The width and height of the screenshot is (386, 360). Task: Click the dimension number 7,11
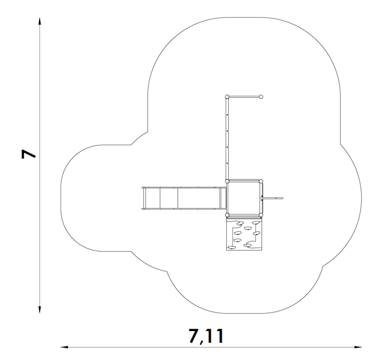(207, 336)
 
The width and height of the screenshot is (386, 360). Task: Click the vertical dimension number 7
(28, 154)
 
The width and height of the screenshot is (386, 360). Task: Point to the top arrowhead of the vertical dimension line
(40, 21)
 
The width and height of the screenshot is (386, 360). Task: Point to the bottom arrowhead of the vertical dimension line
(40, 310)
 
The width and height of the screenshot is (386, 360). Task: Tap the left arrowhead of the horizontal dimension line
(65, 347)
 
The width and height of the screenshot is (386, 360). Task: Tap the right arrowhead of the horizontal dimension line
(358, 347)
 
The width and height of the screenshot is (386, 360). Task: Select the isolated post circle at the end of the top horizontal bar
(261, 97)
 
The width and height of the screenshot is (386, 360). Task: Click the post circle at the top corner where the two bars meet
(227, 97)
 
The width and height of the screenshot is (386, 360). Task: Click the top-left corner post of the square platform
(227, 182)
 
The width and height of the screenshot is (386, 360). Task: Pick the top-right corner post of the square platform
(261, 182)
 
